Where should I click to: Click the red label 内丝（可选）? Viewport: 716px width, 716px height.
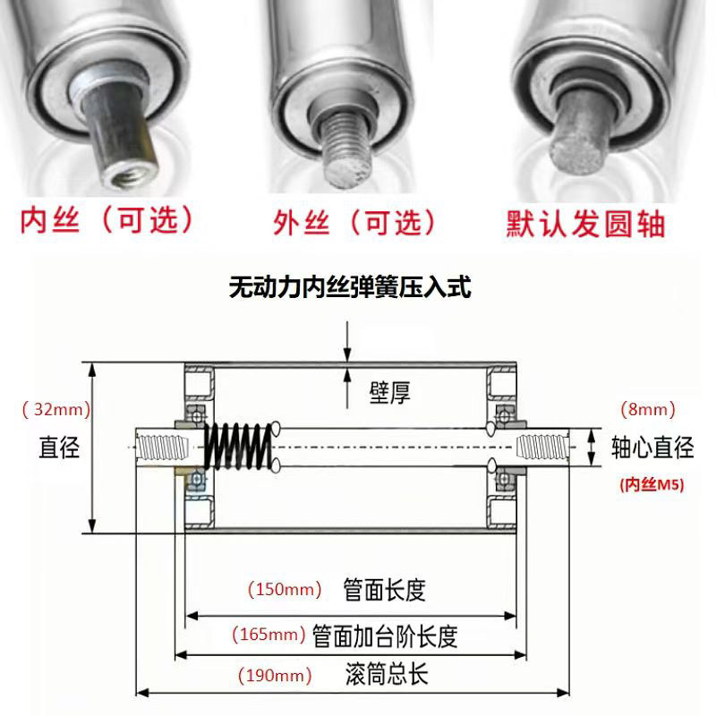pos(107,219)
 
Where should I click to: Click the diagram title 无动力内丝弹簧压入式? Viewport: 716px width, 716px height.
pos(350,288)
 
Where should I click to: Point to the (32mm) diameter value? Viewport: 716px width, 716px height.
pos(55,411)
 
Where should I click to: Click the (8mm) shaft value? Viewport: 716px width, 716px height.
pos(647,410)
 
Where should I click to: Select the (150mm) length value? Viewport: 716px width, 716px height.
pos(284,590)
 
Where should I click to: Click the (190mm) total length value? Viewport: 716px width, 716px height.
pos(275,675)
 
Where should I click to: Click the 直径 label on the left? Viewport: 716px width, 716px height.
pos(59,446)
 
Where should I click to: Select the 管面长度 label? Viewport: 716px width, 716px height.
pos(384,590)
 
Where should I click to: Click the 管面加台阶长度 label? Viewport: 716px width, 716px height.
pos(385,636)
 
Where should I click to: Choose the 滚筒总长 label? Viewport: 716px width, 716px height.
pos(386,675)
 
